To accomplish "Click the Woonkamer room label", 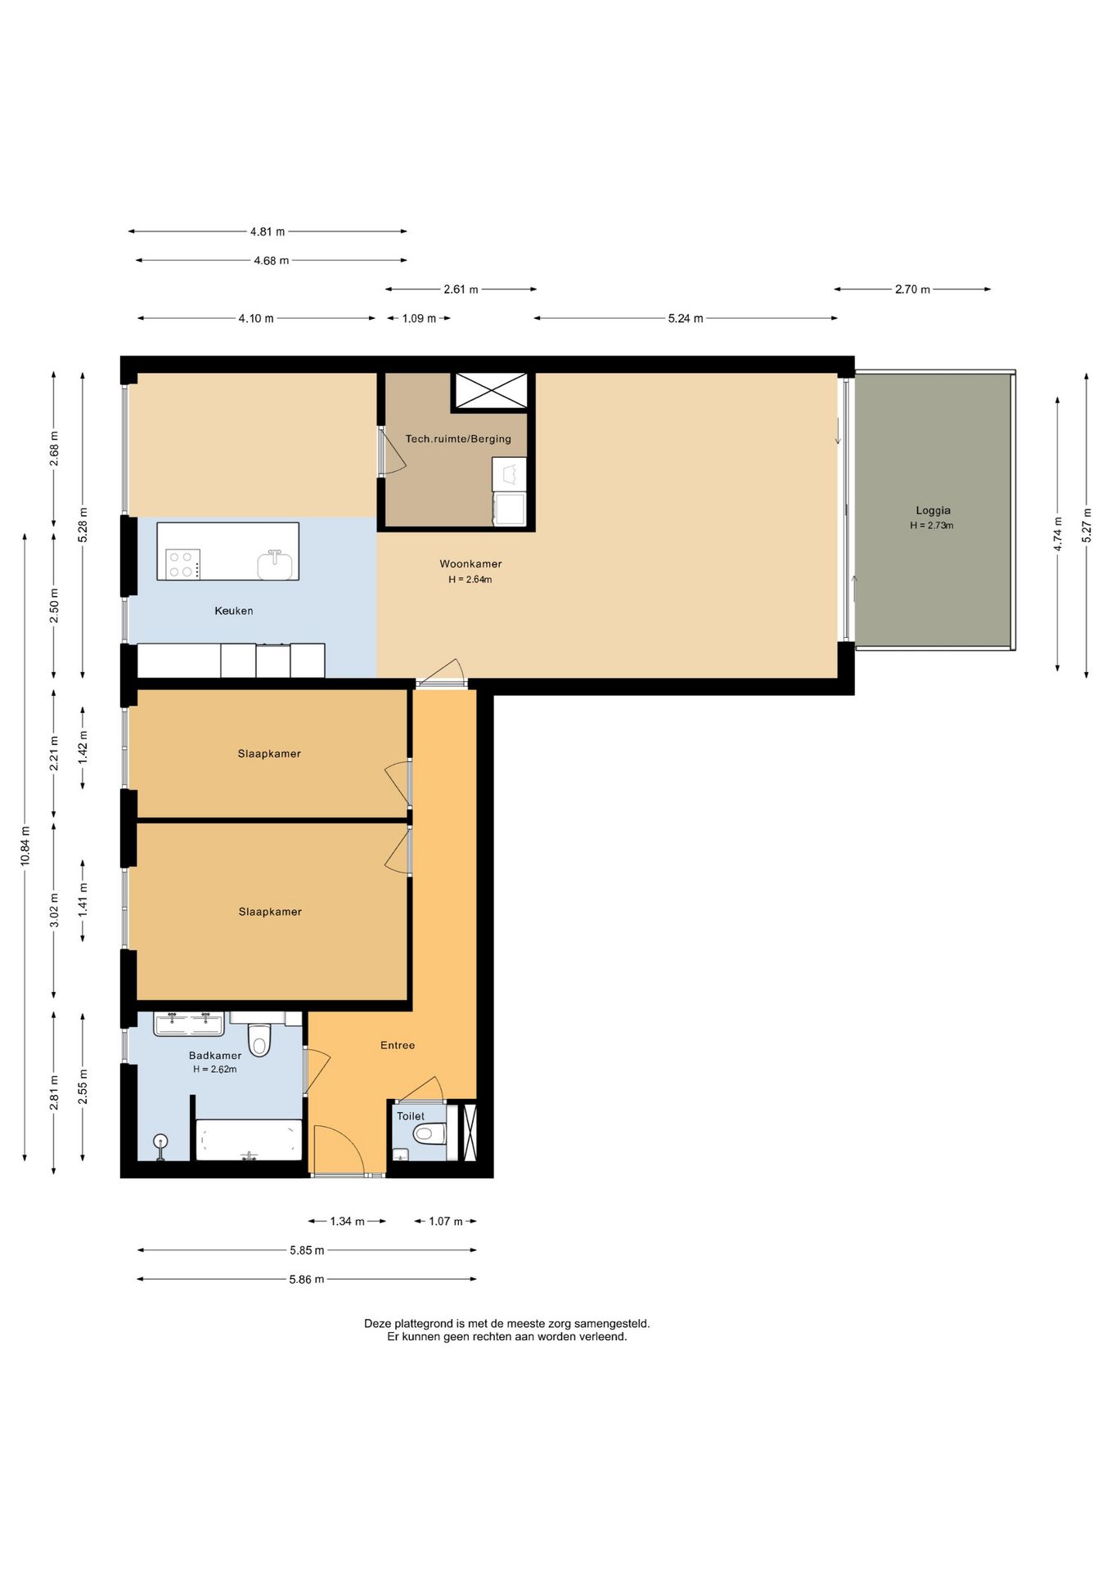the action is pyautogui.click(x=470, y=563).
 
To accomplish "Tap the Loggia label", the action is pyautogui.click(x=933, y=510).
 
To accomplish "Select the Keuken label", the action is pyautogui.click(x=234, y=611).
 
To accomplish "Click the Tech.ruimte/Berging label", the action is pyautogui.click(x=458, y=439).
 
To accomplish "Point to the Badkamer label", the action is pyautogui.click(x=215, y=1056).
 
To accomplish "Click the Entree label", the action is pyautogui.click(x=398, y=1045).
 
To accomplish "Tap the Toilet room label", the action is pyautogui.click(x=411, y=1116).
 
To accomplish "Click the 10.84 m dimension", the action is pyautogui.click(x=25, y=846).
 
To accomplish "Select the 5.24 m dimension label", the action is pyautogui.click(x=686, y=318).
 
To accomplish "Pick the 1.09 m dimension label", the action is pyautogui.click(x=419, y=318).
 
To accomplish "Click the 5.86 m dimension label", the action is pyautogui.click(x=307, y=1279).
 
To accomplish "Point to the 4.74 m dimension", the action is pyautogui.click(x=1058, y=534).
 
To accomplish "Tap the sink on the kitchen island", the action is pyautogui.click(x=275, y=565).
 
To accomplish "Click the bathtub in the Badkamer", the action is pyautogui.click(x=249, y=1139).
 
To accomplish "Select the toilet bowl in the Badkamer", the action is pyautogui.click(x=259, y=1040).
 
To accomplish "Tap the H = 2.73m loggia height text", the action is pyautogui.click(x=932, y=526).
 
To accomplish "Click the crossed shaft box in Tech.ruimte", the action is pyautogui.click(x=492, y=389).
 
